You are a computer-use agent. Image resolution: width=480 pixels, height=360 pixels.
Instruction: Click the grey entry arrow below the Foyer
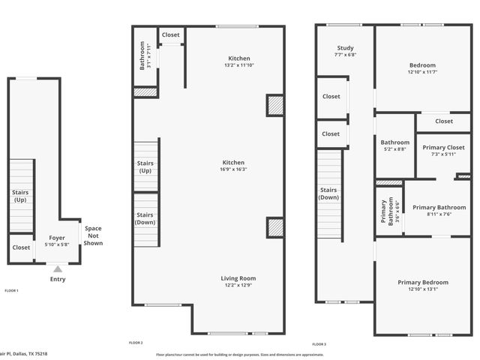point(57,267)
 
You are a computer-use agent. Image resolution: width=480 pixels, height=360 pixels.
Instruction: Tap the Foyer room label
point(57,238)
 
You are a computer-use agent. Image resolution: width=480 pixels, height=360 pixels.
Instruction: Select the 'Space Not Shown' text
point(93,235)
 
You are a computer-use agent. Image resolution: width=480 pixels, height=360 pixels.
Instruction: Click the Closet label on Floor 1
point(21,247)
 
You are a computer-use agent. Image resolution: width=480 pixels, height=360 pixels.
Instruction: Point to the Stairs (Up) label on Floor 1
point(20,196)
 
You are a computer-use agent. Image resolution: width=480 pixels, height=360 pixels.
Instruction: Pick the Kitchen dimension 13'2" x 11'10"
point(239,66)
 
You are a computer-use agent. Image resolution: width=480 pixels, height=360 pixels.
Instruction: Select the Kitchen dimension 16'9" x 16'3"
point(233,169)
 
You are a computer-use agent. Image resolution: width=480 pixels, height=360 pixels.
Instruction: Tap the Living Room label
point(238,278)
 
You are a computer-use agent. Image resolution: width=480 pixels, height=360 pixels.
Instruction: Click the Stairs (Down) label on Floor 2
point(145,218)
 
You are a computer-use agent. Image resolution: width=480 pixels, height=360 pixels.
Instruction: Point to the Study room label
point(345,48)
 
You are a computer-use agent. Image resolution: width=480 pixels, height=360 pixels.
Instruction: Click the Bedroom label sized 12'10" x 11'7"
point(421,64)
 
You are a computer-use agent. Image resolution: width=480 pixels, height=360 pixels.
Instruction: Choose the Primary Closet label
point(442,148)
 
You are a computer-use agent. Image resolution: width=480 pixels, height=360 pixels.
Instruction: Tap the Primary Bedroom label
point(423,282)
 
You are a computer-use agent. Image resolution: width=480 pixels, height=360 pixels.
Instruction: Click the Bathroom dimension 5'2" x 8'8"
point(394,149)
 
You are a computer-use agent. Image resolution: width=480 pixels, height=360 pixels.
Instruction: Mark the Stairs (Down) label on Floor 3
point(328,194)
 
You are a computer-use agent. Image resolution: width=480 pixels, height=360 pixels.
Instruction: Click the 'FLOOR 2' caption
point(136,343)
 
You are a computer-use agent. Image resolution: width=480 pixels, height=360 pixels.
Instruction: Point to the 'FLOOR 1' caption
point(12,290)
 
